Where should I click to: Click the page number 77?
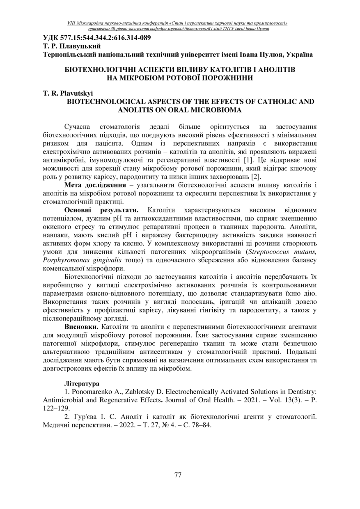coord(178,475)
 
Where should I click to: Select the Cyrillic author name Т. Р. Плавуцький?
coord(72,46)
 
